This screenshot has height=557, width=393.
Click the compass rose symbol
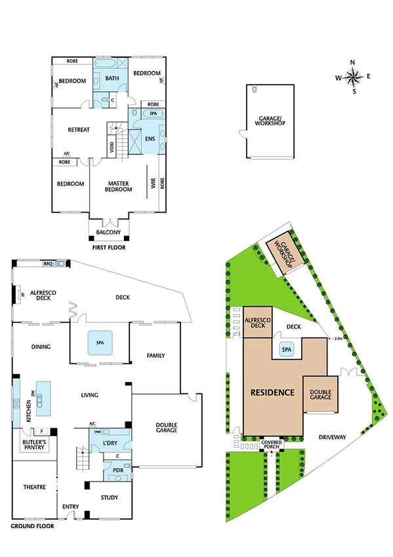point(353,77)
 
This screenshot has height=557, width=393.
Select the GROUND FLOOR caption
point(33,526)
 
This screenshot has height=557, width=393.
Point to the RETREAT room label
point(79,129)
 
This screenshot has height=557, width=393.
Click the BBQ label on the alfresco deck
point(47,263)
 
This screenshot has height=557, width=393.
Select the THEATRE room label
point(33,487)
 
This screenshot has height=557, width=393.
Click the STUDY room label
point(110,497)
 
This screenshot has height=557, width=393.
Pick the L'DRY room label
point(109,445)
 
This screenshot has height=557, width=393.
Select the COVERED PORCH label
point(272,445)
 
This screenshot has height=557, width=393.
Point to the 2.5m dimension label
point(337,338)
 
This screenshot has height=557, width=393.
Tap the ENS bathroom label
point(150,139)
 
